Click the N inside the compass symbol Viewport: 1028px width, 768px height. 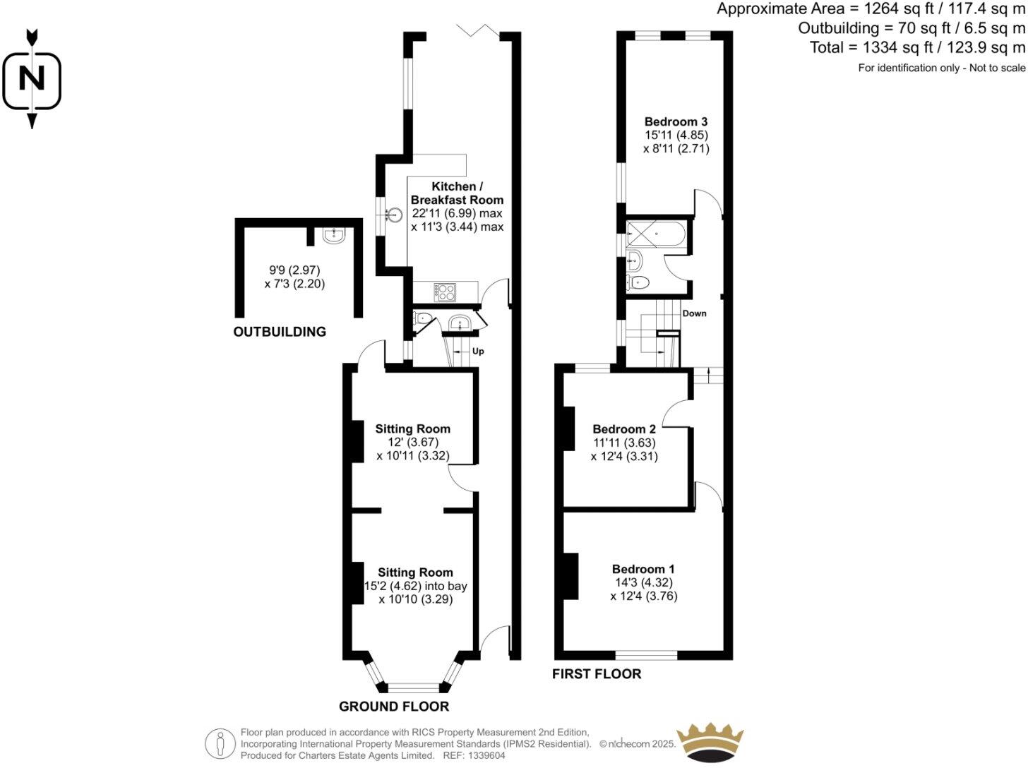click(x=31, y=78)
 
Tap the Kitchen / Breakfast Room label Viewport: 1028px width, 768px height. click(x=457, y=193)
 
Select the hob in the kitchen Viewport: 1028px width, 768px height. click(x=446, y=291)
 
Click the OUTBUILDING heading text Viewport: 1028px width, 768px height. click(x=280, y=332)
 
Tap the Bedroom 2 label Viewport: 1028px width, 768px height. click(x=624, y=428)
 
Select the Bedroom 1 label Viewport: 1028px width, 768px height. click(x=643, y=569)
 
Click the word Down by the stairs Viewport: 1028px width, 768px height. click(x=694, y=313)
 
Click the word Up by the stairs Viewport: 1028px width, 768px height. click(x=478, y=352)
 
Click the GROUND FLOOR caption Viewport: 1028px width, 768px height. click(x=393, y=706)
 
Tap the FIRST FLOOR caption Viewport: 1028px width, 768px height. click(x=597, y=674)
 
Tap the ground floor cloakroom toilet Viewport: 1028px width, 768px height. click(x=422, y=318)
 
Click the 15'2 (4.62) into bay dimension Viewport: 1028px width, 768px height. click(x=415, y=586)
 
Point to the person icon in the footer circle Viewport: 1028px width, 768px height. click(x=220, y=744)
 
